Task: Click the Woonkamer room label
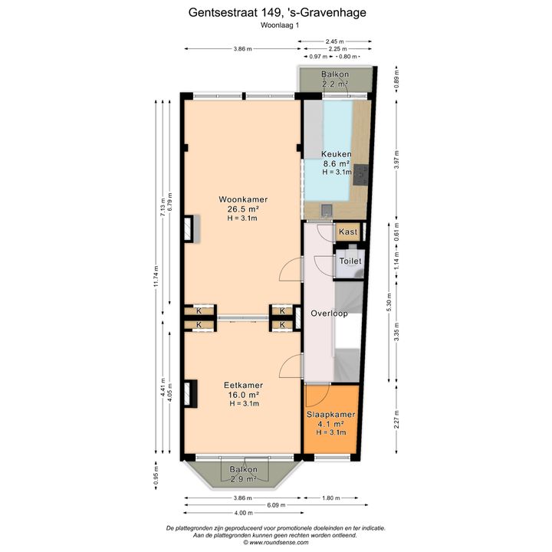[x=243, y=199]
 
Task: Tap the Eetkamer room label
[x=243, y=385]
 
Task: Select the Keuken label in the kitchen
[x=337, y=154]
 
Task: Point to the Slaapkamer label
[x=330, y=414]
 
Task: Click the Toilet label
[x=350, y=261]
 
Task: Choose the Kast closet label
[x=348, y=232]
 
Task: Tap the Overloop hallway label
[x=329, y=314]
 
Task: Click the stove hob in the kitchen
[x=360, y=175]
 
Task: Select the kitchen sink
[x=327, y=210]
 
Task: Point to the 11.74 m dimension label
[x=156, y=277]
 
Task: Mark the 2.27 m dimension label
[x=397, y=419]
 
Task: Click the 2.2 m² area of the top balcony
[x=335, y=84]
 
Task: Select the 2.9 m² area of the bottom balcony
[x=243, y=478]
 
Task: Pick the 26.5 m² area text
[x=243, y=209]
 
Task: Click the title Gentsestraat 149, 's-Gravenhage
[x=277, y=13]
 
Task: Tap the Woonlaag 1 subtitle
[x=280, y=25]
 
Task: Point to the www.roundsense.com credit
[x=276, y=543]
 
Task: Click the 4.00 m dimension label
[x=244, y=513]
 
